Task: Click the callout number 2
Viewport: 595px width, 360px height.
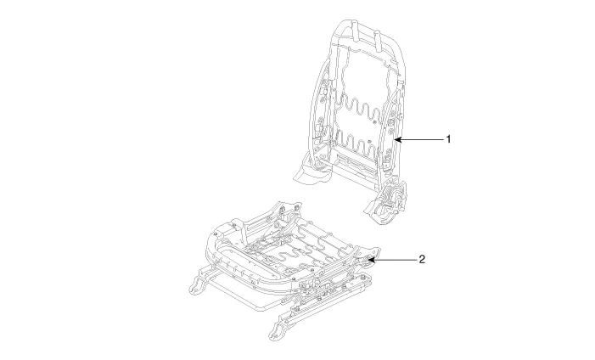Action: click(422, 259)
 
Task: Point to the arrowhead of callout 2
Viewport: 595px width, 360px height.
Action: click(370, 259)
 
